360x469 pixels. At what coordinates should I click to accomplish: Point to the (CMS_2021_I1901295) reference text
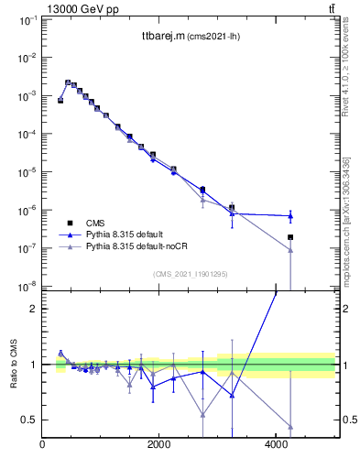click(x=189, y=274)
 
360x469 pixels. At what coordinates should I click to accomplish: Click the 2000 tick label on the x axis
click(x=159, y=445)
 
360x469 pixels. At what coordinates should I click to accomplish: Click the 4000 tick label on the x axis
click(x=277, y=445)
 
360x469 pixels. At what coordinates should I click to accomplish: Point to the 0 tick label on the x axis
click(x=43, y=445)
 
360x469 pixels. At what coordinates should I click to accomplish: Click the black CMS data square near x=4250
click(x=290, y=237)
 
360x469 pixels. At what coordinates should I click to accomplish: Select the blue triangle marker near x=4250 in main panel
click(x=290, y=216)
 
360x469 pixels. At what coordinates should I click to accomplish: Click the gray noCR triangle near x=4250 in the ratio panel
click(x=290, y=427)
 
